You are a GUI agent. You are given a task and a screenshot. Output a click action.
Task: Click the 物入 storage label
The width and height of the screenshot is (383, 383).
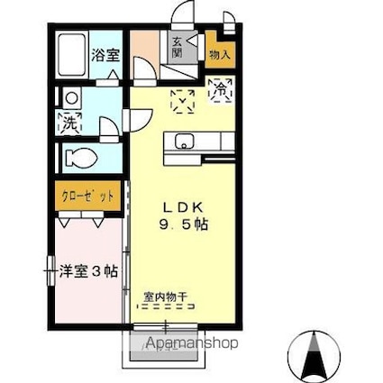coord(219,55)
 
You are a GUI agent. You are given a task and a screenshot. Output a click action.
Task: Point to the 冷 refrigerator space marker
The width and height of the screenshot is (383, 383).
coord(219,89)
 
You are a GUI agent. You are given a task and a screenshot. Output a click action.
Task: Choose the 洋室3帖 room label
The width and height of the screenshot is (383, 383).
coord(88,269)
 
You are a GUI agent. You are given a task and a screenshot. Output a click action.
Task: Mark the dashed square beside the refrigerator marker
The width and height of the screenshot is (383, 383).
coord(183,101)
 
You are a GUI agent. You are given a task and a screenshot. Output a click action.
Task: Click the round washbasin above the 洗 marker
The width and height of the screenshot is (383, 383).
coord(70,97)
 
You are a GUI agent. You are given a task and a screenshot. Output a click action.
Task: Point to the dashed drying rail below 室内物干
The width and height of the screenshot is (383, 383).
coord(165,305)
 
